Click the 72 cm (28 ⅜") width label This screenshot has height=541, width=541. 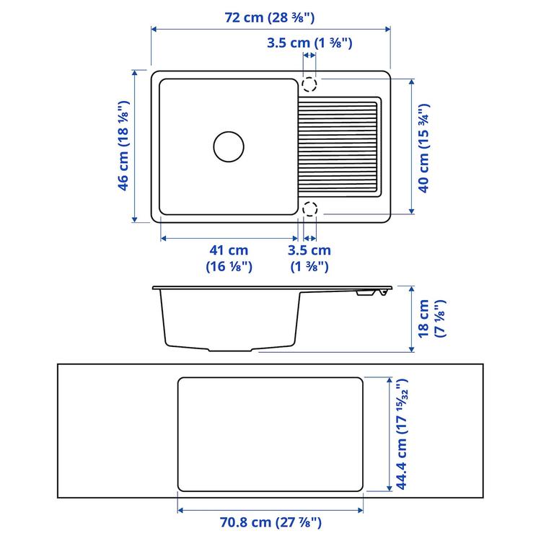[270, 17]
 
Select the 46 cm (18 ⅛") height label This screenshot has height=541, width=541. [124, 146]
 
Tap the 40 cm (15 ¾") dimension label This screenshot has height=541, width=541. [425, 146]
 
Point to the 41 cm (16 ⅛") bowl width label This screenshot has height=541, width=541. [229, 258]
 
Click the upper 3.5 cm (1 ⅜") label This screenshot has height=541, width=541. [309, 43]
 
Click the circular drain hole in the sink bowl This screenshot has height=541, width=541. [229, 146]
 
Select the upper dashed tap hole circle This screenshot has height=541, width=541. [309, 84]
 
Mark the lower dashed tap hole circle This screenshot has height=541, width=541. [309, 209]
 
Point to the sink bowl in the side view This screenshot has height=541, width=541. [229, 317]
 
